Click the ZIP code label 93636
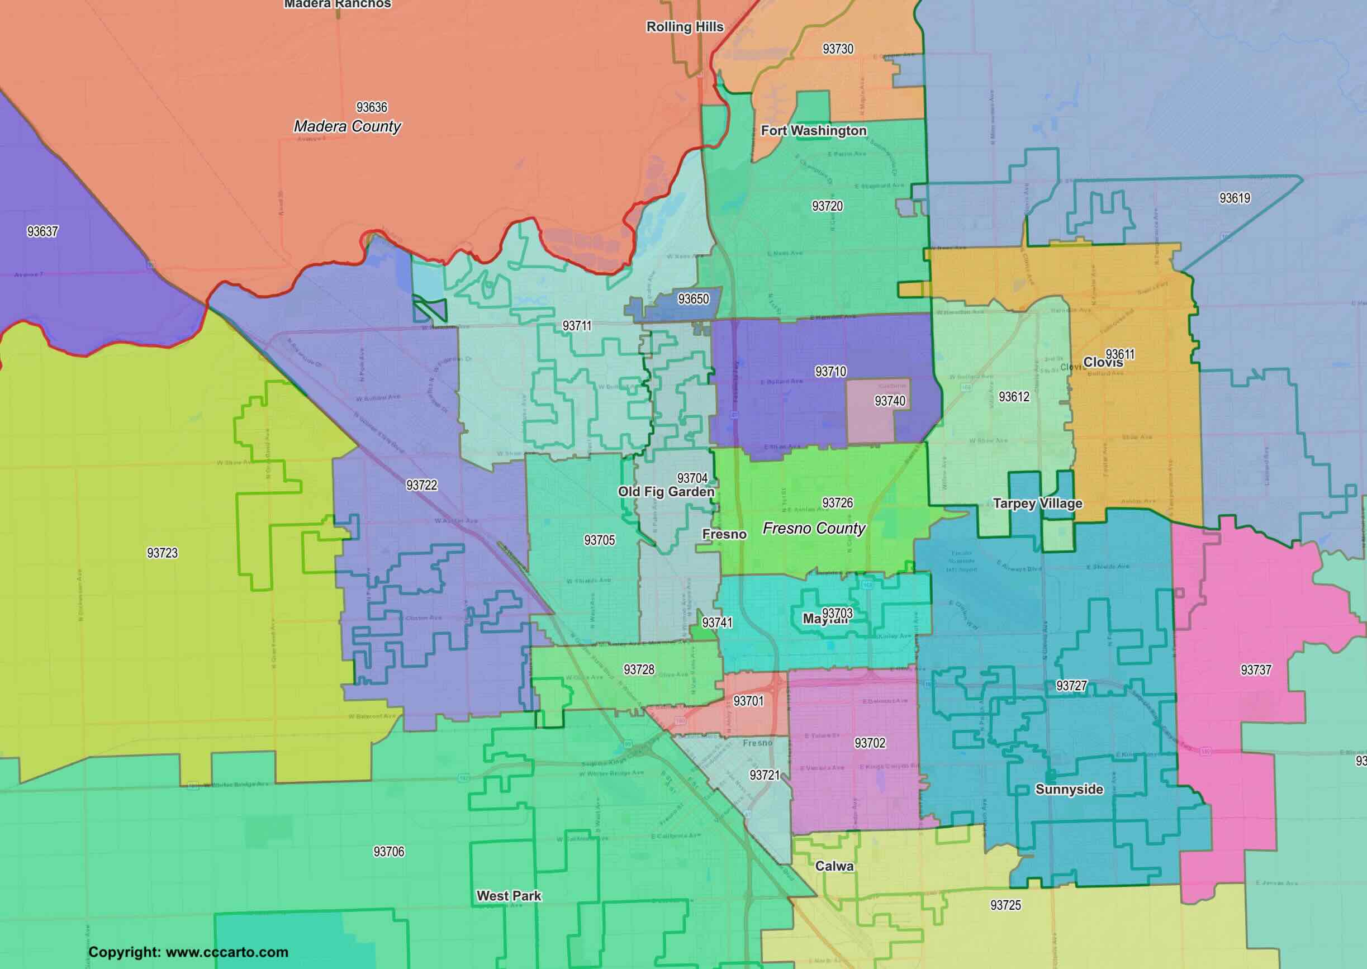372,107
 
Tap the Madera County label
347,126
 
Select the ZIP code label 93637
42,231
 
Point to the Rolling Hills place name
685,27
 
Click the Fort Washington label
813,131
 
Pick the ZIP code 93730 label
838,49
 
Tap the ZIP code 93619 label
1235,198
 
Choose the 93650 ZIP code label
694,299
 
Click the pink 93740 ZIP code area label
890,401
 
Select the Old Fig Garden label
666,492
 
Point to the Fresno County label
814,529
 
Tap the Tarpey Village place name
1037,503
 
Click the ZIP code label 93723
162,553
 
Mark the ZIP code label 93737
1256,670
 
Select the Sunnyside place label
1069,790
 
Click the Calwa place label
834,866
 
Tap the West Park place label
509,896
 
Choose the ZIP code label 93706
388,852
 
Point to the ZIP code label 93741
716,623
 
